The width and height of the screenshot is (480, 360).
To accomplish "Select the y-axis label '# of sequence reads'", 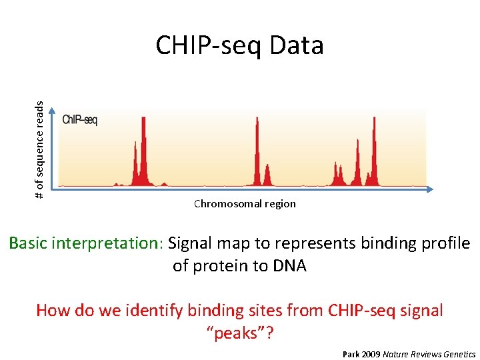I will click(39, 149).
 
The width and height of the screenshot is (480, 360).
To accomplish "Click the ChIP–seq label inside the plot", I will click(80, 120).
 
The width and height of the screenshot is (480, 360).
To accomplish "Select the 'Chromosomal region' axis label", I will click(245, 204).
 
